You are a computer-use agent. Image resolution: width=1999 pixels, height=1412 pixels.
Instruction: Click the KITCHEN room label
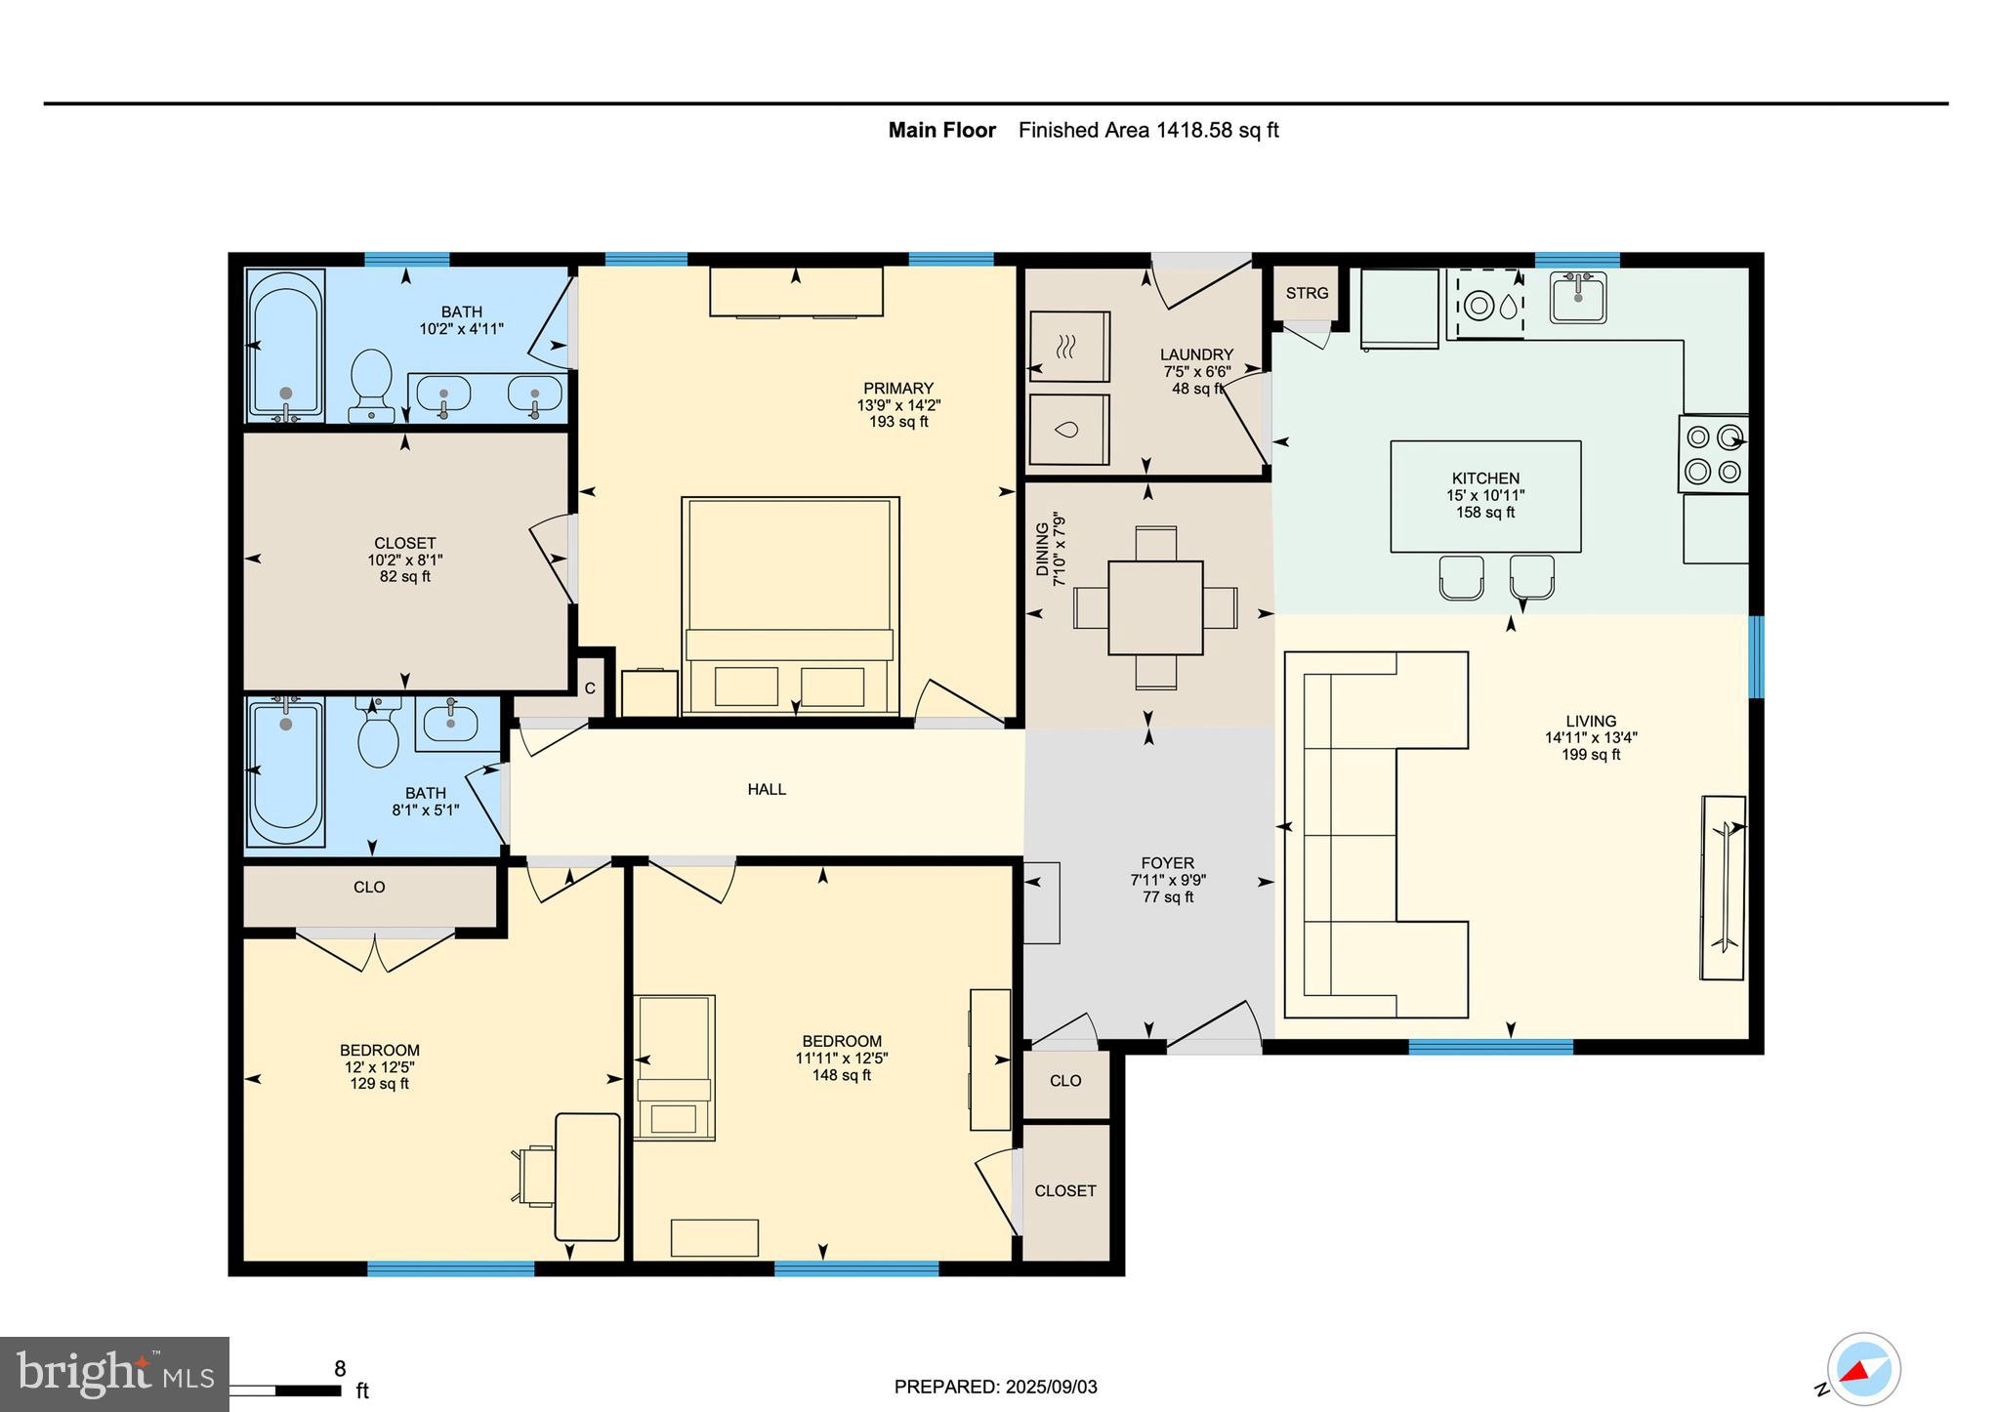click(x=1485, y=478)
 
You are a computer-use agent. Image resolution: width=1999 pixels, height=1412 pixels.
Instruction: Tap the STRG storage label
click(x=1307, y=293)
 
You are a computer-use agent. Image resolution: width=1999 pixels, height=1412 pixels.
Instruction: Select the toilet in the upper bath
click(x=371, y=384)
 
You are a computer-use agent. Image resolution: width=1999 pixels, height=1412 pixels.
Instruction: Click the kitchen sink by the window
click(x=1578, y=297)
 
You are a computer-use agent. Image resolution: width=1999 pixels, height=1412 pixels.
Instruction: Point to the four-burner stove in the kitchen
click(x=1714, y=454)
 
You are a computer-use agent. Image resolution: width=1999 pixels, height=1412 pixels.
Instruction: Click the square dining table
click(x=1155, y=607)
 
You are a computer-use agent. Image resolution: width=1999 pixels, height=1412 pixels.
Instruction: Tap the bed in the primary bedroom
click(x=790, y=605)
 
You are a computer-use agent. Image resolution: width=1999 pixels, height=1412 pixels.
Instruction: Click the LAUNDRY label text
click(x=1196, y=354)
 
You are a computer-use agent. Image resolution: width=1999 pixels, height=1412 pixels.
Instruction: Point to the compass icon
click(x=1863, y=1369)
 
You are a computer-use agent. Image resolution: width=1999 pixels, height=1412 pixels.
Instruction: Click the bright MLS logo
click(x=114, y=1374)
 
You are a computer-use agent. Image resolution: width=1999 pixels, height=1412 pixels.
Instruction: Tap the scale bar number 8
click(x=340, y=1369)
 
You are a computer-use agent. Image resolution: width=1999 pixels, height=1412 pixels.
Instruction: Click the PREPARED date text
click(x=995, y=1387)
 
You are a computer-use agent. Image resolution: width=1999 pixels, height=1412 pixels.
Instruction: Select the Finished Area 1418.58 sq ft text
click(x=1148, y=130)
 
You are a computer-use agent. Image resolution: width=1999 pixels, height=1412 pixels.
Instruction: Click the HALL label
click(x=767, y=789)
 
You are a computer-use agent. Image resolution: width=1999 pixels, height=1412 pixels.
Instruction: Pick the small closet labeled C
click(x=590, y=688)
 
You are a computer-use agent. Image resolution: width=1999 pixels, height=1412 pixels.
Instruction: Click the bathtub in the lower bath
click(x=285, y=771)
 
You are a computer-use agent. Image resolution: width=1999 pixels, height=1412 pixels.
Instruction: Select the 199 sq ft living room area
click(x=1591, y=755)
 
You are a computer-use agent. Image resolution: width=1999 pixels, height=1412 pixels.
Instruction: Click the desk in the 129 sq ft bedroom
click(x=587, y=1177)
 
